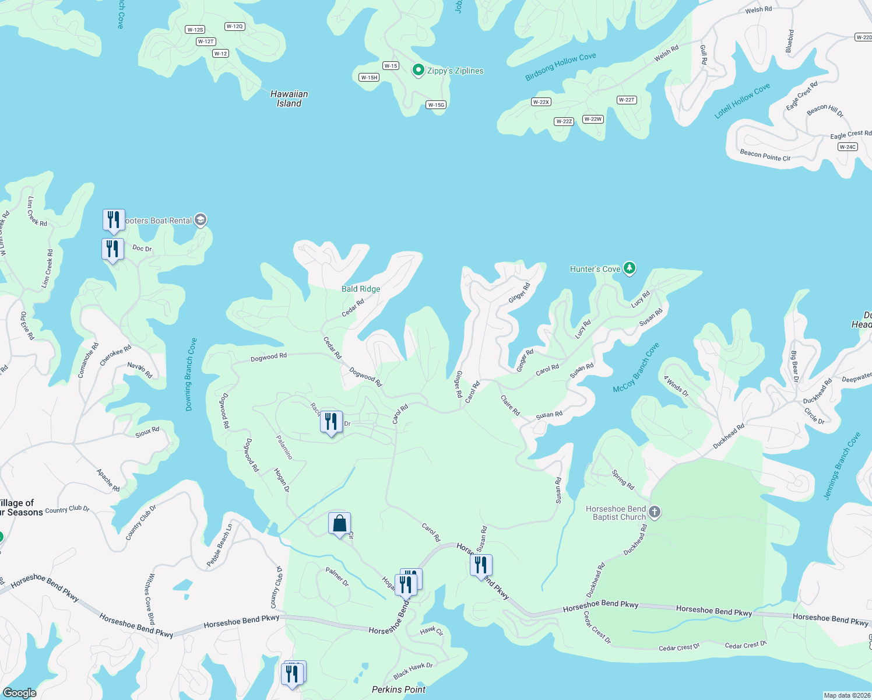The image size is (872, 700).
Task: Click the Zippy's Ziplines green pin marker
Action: [x=418, y=71]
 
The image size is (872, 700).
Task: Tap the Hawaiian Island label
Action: [x=289, y=99]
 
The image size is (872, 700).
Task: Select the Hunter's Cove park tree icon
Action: [x=629, y=268]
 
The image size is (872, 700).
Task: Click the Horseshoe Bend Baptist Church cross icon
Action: [x=655, y=512]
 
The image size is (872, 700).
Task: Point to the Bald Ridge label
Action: [x=361, y=289]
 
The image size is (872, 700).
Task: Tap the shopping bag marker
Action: [x=339, y=524]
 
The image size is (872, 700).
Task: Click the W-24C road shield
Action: [x=848, y=147]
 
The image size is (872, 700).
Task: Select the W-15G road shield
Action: [x=436, y=105]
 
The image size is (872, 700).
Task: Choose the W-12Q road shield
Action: [x=234, y=26]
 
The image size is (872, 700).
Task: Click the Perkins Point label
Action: [x=399, y=689]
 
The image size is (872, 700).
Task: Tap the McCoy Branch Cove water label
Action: [x=636, y=367]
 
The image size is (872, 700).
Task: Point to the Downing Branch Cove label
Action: [x=191, y=374]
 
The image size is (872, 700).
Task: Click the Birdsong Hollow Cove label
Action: [x=560, y=67]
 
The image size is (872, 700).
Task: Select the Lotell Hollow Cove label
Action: [x=742, y=101]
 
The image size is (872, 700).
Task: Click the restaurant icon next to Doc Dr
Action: [x=112, y=249]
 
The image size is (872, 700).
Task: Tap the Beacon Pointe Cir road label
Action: [x=765, y=156]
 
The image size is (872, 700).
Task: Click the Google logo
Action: [x=20, y=692]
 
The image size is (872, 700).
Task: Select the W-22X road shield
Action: [x=541, y=102]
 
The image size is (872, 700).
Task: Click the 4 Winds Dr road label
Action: [x=676, y=387]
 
